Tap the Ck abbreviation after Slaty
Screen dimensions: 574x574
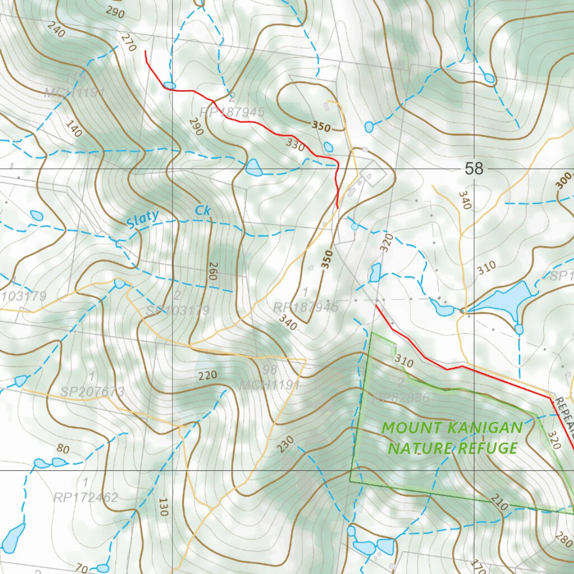pyautogui.click(x=202, y=211)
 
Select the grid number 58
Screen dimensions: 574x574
pyautogui.click(x=474, y=168)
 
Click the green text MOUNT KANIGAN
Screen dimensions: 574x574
pyautogui.click(x=452, y=428)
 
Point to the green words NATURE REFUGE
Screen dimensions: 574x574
pyautogui.click(x=453, y=448)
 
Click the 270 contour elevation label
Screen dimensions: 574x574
pyautogui.click(x=128, y=43)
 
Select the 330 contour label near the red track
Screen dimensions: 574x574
pyautogui.click(x=295, y=145)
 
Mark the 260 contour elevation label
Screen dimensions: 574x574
pyautogui.click(x=212, y=271)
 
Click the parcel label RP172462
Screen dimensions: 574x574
pyautogui.click(x=86, y=497)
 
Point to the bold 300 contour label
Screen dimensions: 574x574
pyautogui.click(x=564, y=181)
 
